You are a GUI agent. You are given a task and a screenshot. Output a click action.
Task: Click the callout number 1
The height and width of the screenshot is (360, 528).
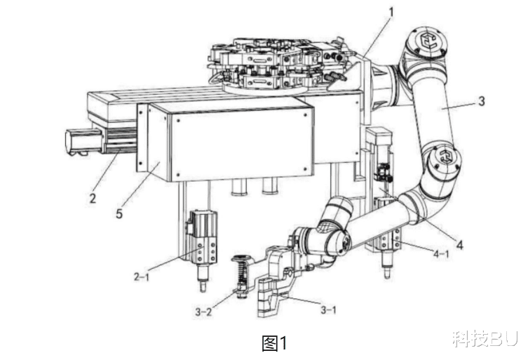[391, 13]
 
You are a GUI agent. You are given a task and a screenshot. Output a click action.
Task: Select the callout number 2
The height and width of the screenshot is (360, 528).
[93, 198]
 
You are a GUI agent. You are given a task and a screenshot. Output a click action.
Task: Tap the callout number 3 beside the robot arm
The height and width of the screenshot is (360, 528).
[482, 100]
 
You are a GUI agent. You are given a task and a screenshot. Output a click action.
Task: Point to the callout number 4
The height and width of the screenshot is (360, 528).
[460, 244]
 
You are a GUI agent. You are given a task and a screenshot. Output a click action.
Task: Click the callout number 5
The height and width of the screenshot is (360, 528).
[119, 213]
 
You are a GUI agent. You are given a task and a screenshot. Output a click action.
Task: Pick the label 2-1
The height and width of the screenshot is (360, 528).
[142, 276]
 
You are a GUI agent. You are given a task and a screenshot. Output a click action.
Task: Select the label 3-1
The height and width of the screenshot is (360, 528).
[328, 309]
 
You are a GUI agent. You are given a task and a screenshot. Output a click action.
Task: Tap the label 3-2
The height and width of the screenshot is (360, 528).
[204, 312]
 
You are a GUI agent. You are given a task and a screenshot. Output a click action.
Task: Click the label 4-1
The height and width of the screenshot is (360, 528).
[441, 254]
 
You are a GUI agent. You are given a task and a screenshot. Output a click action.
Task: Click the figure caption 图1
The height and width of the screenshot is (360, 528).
[274, 343]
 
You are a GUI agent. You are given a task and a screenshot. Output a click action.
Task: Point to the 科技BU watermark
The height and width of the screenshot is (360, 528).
[485, 339]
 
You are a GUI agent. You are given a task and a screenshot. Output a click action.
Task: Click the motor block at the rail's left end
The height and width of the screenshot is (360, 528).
[84, 142]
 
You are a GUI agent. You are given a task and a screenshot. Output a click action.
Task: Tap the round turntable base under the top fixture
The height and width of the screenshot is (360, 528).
[266, 88]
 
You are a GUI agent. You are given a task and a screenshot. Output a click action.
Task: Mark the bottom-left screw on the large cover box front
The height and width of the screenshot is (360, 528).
[178, 175]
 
